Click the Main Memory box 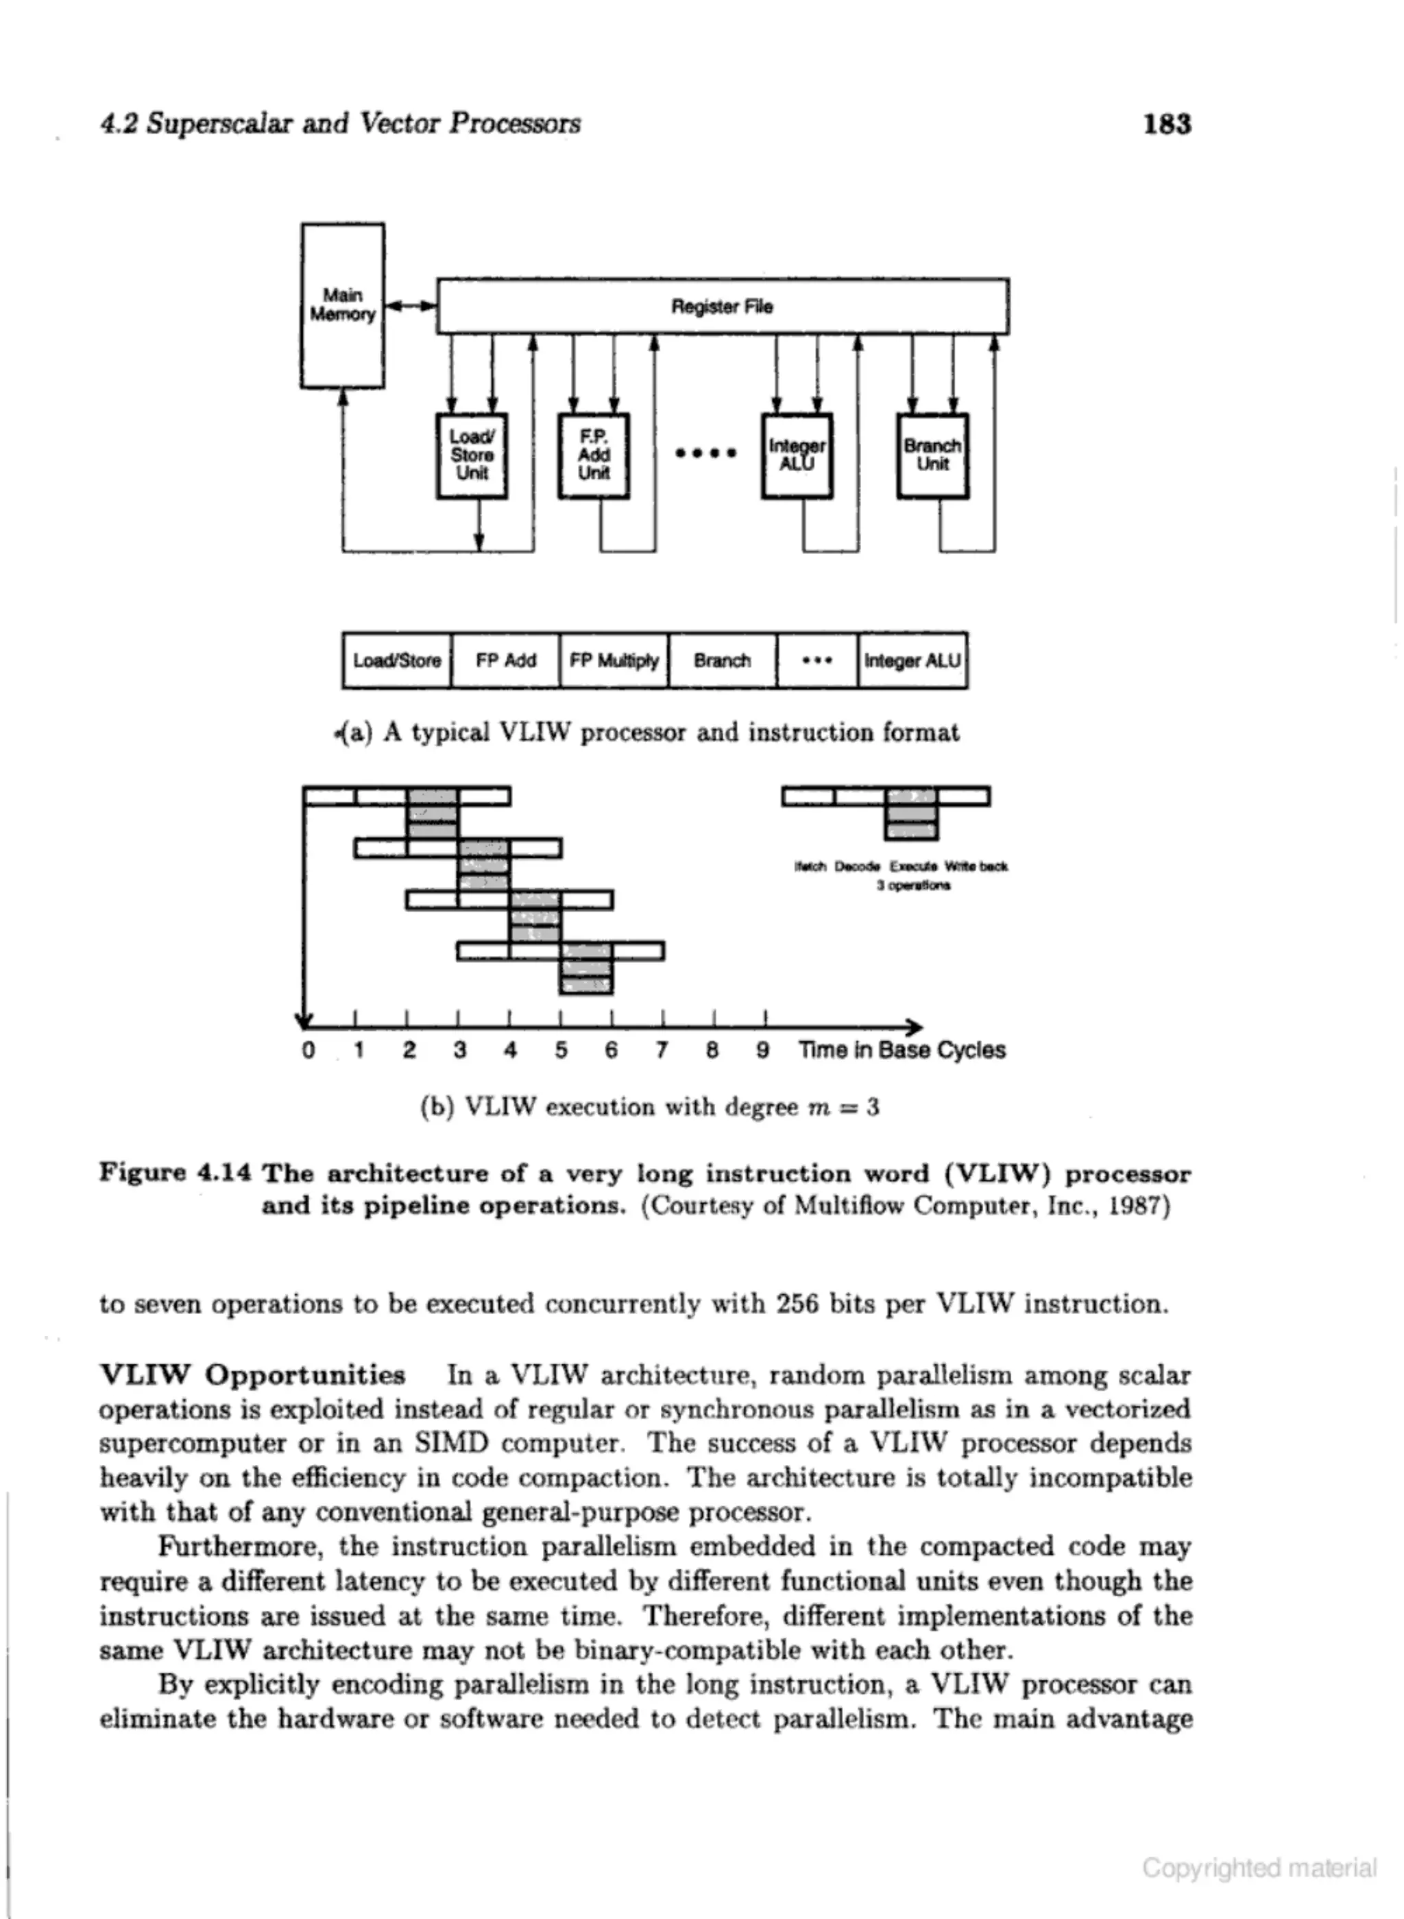click(343, 305)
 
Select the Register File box click(723, 306)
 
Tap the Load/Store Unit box click(472, 455)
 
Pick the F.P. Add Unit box click(594, 455)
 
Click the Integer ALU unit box click(797, 455)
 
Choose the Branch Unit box click(932, 455)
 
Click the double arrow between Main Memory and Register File click(411, 305)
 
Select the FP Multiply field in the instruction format click(614, 660)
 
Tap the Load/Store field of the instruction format click(397, 660)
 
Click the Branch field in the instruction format click(723, 660)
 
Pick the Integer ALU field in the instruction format click(912, 660)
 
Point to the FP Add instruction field click(506, 660)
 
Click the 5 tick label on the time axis click(561, 1050)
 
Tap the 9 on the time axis click(763, 1050)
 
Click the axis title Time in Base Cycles click(901, 1050)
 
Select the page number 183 click(1167, 124)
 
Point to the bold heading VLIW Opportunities click(252, 1375)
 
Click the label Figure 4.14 click(175, 1173)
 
